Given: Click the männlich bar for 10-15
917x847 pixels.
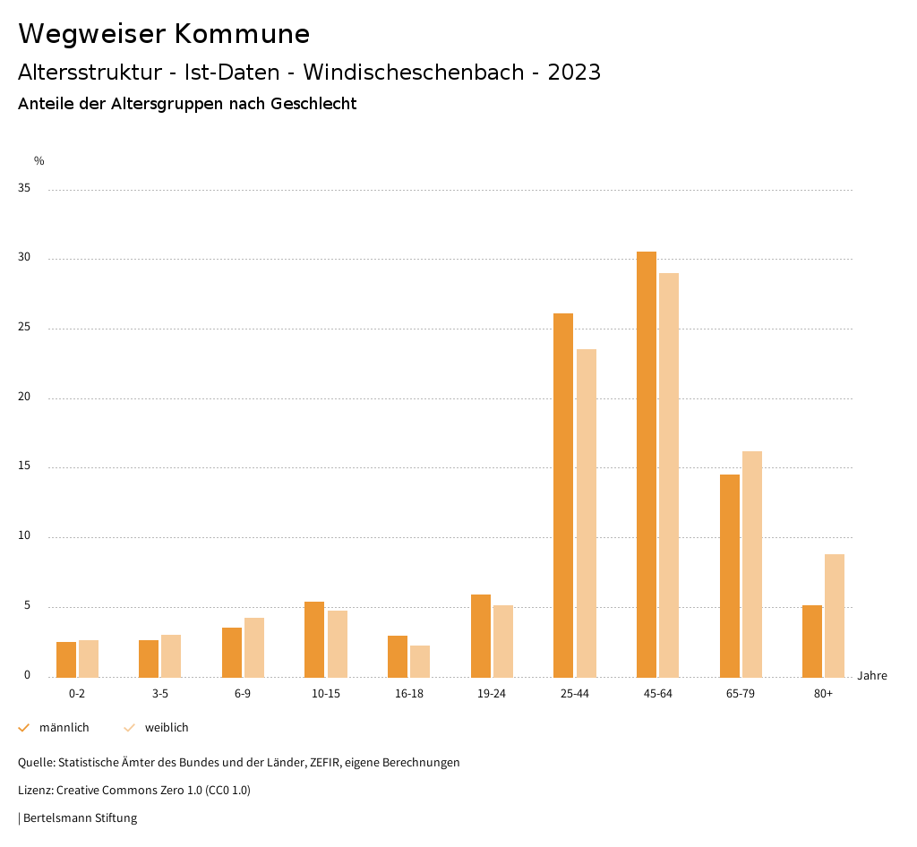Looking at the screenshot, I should click(x=314, y=639).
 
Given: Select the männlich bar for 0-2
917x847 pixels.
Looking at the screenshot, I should click(x=66, y=659).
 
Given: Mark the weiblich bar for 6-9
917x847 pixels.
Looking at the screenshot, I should click(x=254, y=647).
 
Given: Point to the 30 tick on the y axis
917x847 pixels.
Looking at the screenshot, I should click(x=25, y=258).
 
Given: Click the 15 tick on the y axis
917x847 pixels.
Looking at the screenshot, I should click(x=25, y=466).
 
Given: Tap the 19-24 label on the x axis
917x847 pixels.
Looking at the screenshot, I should click(x=492, y=694).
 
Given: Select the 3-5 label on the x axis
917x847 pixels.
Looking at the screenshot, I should click(x=160, y=694).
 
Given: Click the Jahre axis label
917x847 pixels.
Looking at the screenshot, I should click(x=872, y=675).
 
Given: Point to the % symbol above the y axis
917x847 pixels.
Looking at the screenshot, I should click(x=39, y=161).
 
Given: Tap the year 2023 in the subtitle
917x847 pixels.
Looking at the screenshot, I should click(x=574, y=73).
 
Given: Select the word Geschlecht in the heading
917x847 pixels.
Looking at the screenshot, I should click(x=313, y=104).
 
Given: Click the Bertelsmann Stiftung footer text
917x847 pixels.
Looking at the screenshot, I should click(x=80, y=817).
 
